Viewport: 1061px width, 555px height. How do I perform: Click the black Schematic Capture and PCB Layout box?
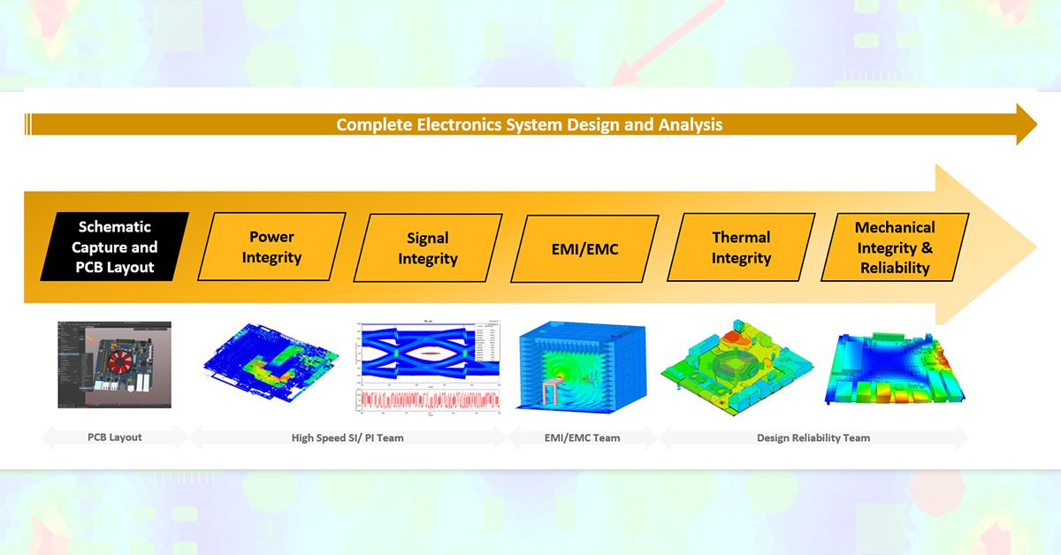(116, 247)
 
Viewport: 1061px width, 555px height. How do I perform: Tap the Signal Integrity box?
(428, 248)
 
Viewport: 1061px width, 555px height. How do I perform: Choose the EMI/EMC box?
(584, 248)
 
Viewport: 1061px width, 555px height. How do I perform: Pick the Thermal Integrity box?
(741, 247)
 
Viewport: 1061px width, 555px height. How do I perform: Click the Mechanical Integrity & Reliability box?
(895, 247)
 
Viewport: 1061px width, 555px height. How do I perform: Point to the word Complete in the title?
(374, 125)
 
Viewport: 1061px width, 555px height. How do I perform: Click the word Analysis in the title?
(690, 125)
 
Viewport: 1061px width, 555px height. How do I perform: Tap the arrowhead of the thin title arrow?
(1026, 124)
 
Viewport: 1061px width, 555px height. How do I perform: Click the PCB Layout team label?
(114, 437)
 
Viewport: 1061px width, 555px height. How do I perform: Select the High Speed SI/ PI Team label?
(347, 437)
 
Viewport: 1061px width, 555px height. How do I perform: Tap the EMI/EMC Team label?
(582, 437)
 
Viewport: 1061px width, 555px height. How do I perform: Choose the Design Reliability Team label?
(813, 437)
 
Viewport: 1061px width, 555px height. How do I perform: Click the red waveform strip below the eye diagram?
(428, 400)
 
